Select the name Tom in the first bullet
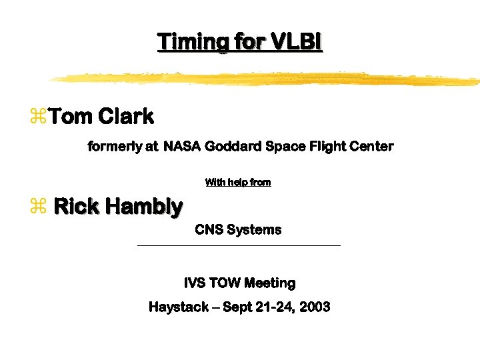[71, 117]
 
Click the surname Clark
[126, 117]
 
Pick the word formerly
[113, 146]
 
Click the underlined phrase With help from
[238, 182]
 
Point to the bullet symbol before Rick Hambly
[37, 207]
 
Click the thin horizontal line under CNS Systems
[238, 246]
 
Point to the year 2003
[315, 307]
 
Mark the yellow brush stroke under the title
[267, 79]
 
